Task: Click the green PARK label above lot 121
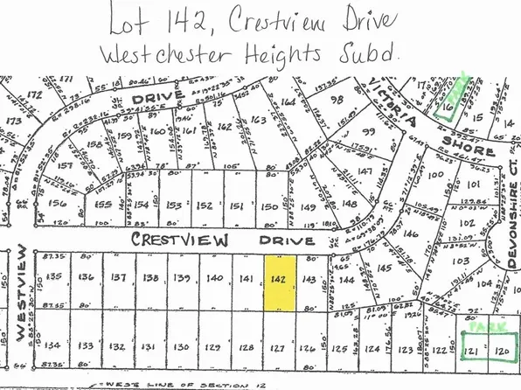pyautogui.click(x=480, y=325)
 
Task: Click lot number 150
pyautogui.click(x=272, y=206)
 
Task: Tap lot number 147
pyautogui.click(x=365, y=171)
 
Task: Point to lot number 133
pyautogui.click(x=86, y=346)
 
